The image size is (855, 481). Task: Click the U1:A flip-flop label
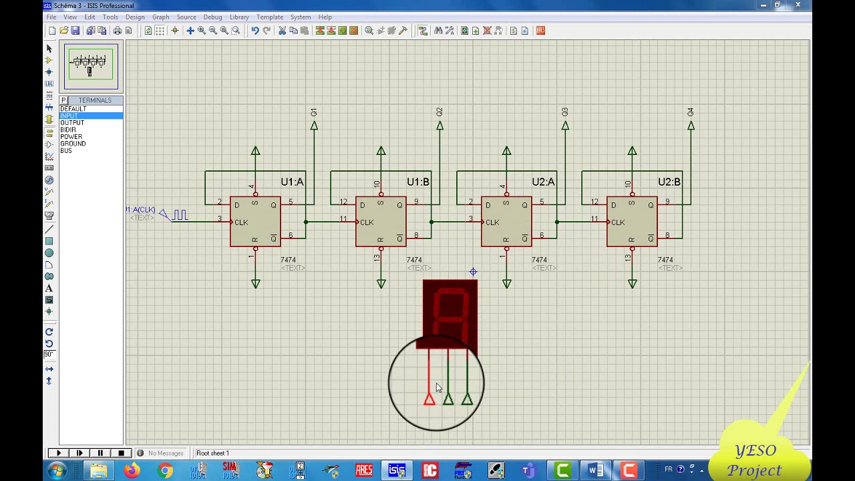point(292,182)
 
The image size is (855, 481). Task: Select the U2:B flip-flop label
point(669,182)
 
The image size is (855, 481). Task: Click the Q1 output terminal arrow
point(314,126)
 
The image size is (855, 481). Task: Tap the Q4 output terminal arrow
point(691,126)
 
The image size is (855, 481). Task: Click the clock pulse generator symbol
point(179,215)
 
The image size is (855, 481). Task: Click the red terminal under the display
point(429,399)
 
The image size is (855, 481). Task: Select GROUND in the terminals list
point(73,144)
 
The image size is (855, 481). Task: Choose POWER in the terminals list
point(71,137)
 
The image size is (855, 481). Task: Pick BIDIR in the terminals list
point(68,130)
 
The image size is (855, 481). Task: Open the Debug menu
point(212,17)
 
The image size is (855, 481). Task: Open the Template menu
point(269,17)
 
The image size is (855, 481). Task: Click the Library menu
point(239,17)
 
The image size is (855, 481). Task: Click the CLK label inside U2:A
point(492,222)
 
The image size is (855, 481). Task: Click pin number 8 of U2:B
point(667,235)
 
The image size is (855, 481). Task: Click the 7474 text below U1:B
point(414,260)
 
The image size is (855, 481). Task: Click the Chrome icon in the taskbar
point(165,471)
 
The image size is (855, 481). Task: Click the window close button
point(798,5)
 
